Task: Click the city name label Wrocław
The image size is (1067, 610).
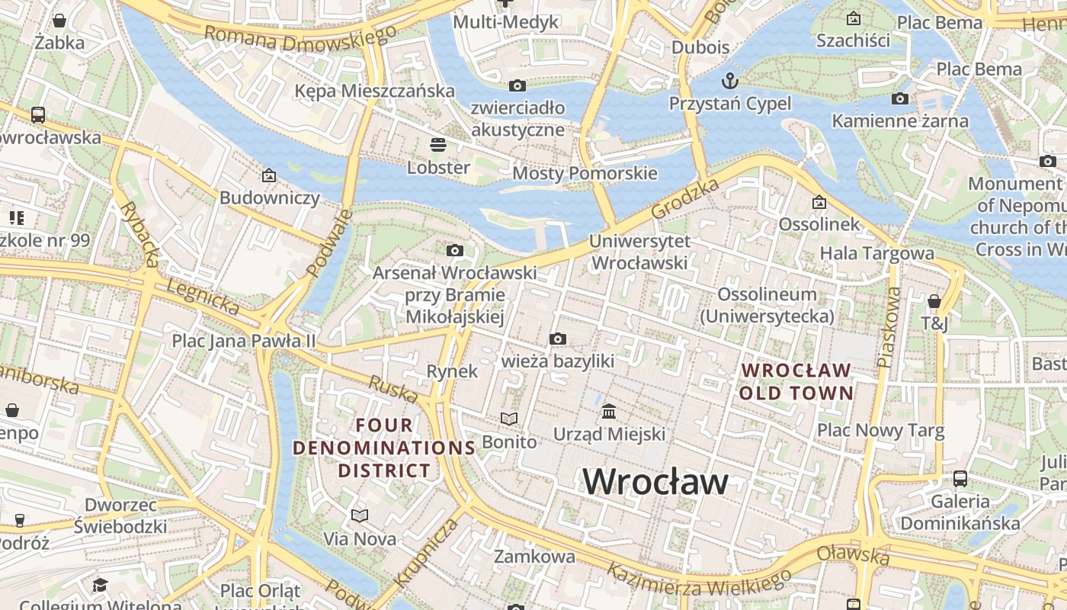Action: coord(655,481)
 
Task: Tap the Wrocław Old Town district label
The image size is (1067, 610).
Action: coord(796,381)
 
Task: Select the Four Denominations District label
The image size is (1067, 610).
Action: coord(385,448)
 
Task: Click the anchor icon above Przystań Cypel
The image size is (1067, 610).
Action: coord(730,80)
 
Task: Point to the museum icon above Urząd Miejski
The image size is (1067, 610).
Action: coord(609,412)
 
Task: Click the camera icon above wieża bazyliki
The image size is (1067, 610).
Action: coord(558,339)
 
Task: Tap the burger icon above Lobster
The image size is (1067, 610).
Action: coord(438,144)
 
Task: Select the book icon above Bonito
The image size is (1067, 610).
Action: coord(509,419)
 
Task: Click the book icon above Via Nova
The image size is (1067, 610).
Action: coord(360,516)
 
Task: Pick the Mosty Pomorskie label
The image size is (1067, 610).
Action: coord(585,173)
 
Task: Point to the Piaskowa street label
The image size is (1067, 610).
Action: coord(889,326)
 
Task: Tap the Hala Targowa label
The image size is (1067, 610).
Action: coord(876,253)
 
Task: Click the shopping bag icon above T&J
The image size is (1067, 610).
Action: coord(934,301)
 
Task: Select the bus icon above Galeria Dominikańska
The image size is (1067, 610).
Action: coord(960,479)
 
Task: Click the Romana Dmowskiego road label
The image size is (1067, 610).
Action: coord(301,36)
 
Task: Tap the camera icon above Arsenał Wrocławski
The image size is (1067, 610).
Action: coord(455,250)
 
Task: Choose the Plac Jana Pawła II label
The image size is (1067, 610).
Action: coord(243,341)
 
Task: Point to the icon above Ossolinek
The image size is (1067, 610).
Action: coord(819,202)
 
